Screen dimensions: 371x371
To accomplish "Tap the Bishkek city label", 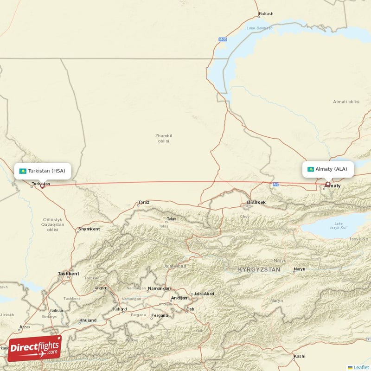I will pyautogui.click(x=256, y=203).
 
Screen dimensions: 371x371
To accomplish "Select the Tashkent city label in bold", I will pyautogui.click(x=68, y=274).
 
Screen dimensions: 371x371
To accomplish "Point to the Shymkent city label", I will pyautogui.click(x=89, y=229).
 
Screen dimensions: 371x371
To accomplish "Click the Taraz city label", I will pyautogui.click(x=144, y=203).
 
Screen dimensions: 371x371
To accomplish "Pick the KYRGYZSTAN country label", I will pyautogui.click(x=259, y=269).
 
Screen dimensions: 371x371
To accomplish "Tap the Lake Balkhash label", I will pyautogui.click(x=259, y=28).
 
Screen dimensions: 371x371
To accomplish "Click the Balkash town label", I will pyautogui.click(x=266, y=14).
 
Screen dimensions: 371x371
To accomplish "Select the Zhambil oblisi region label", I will pyautogui.click(x=163, y=138).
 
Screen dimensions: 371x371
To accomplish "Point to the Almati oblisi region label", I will pyautogui.click(x=346, y=102).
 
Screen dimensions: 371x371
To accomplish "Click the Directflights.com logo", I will pyautogui.click(x=34, y=348).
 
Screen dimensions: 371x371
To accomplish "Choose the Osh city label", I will pyautogui.click(x=190, y=309).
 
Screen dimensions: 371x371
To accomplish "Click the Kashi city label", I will pyautogui.click(x=299, y=356).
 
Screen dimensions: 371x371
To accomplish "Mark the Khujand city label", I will pyautogui.click(x=88, y=320).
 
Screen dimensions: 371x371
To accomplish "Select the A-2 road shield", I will pyautogui.click(x=276, y=185).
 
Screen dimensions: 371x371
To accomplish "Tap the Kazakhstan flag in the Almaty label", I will pyautogui.click(x=311, y=169).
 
